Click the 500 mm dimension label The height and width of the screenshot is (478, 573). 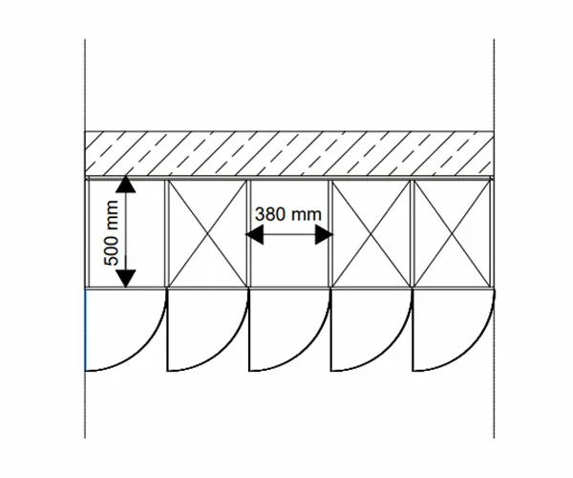tap(111, 233)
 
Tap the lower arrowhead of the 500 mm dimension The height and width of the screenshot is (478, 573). tap(125, 278)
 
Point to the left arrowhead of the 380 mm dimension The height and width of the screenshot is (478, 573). tap(255, 232)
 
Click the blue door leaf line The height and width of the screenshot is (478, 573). tap(86, 330)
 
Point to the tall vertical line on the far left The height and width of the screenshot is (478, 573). tap(85, 96)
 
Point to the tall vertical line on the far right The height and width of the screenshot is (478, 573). tap(494, 96)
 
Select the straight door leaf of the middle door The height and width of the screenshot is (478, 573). tap(249, 330)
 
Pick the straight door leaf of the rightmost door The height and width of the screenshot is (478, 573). tap(414, 330)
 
